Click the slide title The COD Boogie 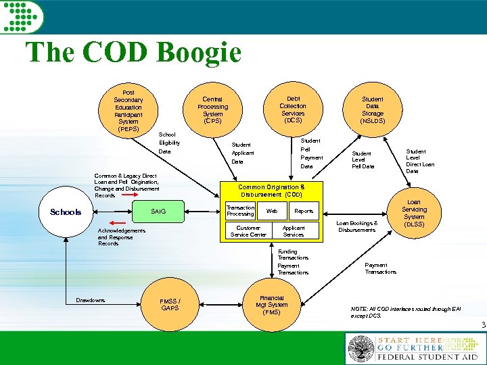(x=133, y=53)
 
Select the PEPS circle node (x=129, y=109)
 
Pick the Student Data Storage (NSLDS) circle (x=372, y=109)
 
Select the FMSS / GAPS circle (x=170, y=304)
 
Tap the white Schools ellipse (x=66, y=212)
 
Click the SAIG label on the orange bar (x=158, y=212)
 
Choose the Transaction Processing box (x=240, y=211)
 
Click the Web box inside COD (x=271, y=211)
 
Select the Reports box (x=304, y=211)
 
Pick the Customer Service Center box (x=248, y=231)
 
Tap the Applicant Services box (x=293, y=231)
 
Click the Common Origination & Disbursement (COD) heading (x=271, y=190)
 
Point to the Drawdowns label (x=90, y=299)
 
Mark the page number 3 (x=483, y=325)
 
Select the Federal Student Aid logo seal (x=361, y=349)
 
